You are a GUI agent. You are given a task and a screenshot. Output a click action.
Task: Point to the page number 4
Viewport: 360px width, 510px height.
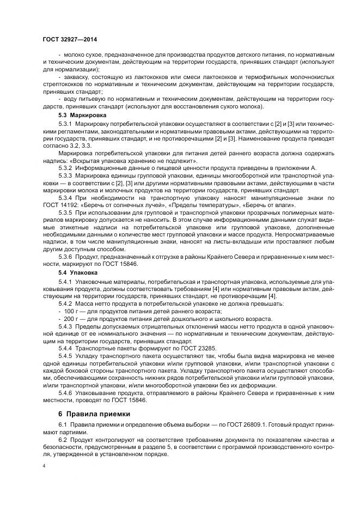(x=44, y=466)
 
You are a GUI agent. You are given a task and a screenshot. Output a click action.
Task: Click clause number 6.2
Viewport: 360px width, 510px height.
(x=63, y=440)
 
